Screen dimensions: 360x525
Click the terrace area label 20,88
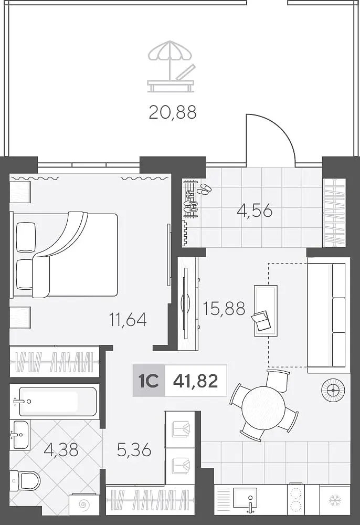click(x=173, y=112)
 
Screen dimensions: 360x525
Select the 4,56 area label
click(x=255, y=211)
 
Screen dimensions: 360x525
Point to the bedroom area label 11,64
click(x=128, y=319)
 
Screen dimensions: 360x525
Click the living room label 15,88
click(x=224, y=308)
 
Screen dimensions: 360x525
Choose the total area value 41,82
click(x=196, y=381)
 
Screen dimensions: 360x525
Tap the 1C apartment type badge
click(x=149, y=381)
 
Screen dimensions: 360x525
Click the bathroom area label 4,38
click(x=61, y=449)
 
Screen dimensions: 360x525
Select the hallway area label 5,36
click(x=134, y=450)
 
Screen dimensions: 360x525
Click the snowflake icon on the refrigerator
click(x=335, y=500)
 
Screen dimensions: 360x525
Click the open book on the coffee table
click(x=261, y=321)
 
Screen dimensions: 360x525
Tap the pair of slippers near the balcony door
click(x=204, y=189)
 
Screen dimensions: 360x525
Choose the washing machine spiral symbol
click(x=82, y=504)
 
